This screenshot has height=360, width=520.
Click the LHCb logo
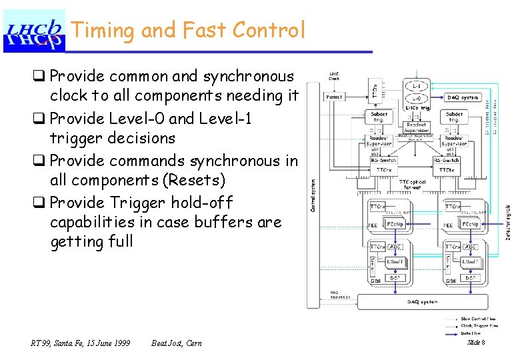(35, 31)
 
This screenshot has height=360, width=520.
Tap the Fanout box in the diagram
(335, 97)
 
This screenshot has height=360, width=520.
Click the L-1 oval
(415, 87)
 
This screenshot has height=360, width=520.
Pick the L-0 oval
(415, 98)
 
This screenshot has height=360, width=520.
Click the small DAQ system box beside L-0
(463, 97)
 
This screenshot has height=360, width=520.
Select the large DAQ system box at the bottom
(423, 302)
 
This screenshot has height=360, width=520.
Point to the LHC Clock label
(334, 76)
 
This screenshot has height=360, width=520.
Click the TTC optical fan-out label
(412, 183)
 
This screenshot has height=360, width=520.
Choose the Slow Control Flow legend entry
(479, 319)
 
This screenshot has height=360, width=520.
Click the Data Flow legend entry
(472, 332)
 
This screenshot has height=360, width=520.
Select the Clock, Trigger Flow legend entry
(480, 326)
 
